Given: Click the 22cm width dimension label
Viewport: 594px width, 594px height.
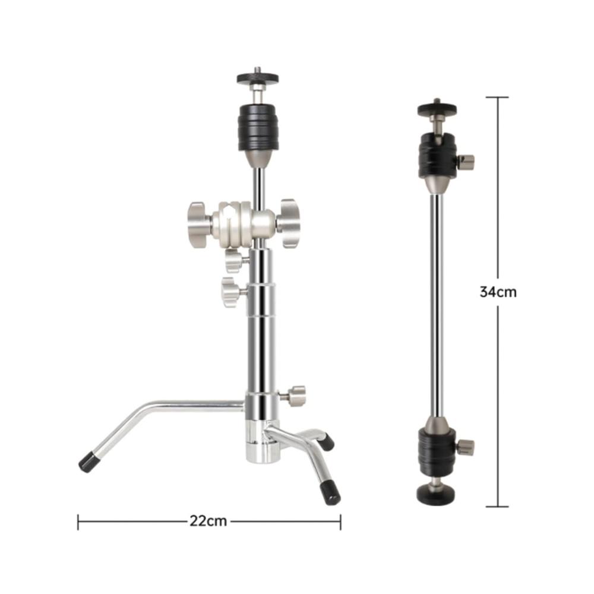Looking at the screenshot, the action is click(x=208, y=522).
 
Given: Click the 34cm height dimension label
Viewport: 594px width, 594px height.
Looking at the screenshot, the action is click(x=498, y=292).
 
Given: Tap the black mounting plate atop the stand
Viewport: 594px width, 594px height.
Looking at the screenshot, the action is click(x=258, y=78).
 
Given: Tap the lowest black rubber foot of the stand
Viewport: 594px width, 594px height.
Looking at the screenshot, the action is click(x=330, y=492).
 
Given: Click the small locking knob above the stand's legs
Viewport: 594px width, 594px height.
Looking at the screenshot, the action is click(x=295, y=396).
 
